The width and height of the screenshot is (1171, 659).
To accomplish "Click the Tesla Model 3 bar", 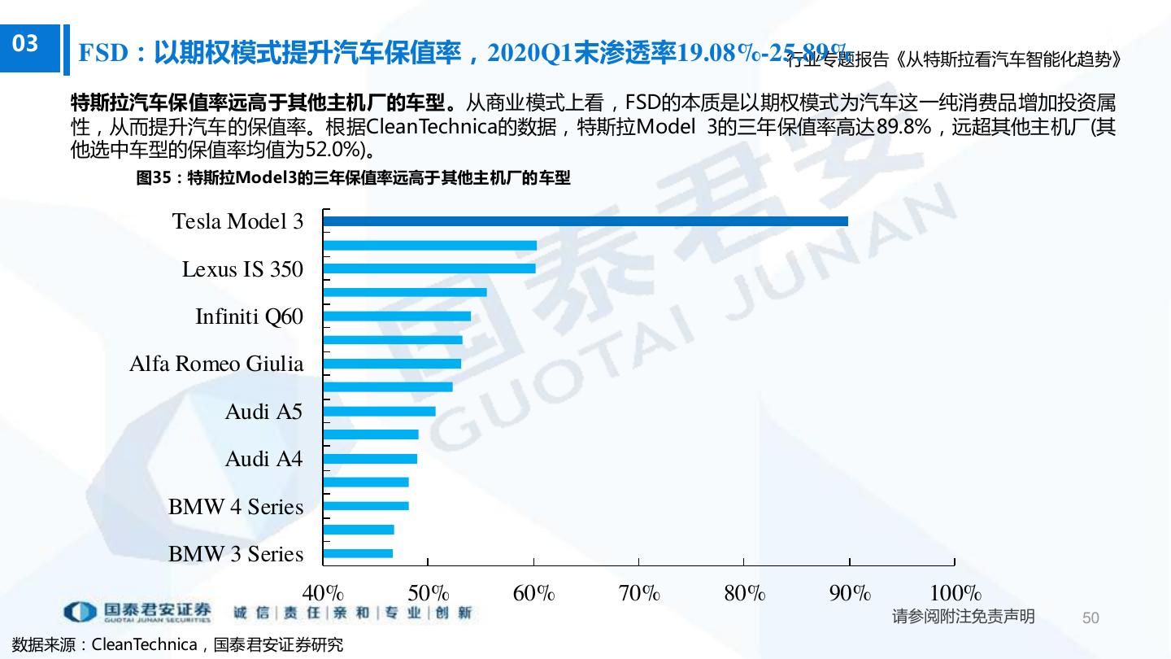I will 585,221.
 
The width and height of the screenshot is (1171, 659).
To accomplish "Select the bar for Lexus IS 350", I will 429,268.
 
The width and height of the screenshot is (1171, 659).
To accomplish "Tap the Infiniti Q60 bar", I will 397,316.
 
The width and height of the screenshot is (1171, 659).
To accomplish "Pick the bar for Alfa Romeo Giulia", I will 392,364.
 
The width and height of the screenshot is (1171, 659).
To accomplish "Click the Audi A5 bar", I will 379,412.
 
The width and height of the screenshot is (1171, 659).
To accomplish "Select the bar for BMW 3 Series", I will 358,554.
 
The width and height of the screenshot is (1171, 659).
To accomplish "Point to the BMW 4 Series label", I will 236,507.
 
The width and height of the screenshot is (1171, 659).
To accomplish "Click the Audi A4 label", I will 263,460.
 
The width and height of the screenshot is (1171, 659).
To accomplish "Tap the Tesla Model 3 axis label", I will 237,221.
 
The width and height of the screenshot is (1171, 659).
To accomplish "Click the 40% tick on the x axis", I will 323,593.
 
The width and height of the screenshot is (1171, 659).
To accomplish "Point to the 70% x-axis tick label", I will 639,593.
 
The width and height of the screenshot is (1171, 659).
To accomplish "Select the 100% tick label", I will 955,593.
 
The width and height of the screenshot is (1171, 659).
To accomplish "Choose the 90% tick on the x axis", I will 850,593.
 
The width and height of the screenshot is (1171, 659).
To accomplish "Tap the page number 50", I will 1090,618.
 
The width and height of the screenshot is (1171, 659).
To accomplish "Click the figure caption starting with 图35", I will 353,178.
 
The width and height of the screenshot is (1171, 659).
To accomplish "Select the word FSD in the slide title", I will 104,54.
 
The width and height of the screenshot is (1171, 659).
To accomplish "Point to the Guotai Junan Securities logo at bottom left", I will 138,611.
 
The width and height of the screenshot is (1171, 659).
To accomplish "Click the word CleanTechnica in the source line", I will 144,645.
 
